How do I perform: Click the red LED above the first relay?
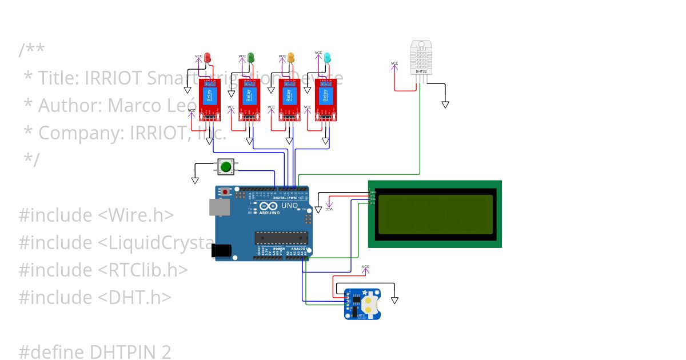click(208, 57)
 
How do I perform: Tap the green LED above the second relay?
click(250, 57)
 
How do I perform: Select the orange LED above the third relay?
click(290, 57)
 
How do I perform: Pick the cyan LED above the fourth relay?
click(327, 57)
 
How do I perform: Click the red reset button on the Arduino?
click(226, 192)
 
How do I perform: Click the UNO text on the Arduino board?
click(290, 206)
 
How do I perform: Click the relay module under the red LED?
click(209, 99)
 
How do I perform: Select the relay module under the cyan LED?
click(326, 99)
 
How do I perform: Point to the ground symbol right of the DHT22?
click(445, 105)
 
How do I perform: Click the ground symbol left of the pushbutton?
click(195, 181)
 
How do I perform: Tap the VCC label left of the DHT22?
click(394, 63)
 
